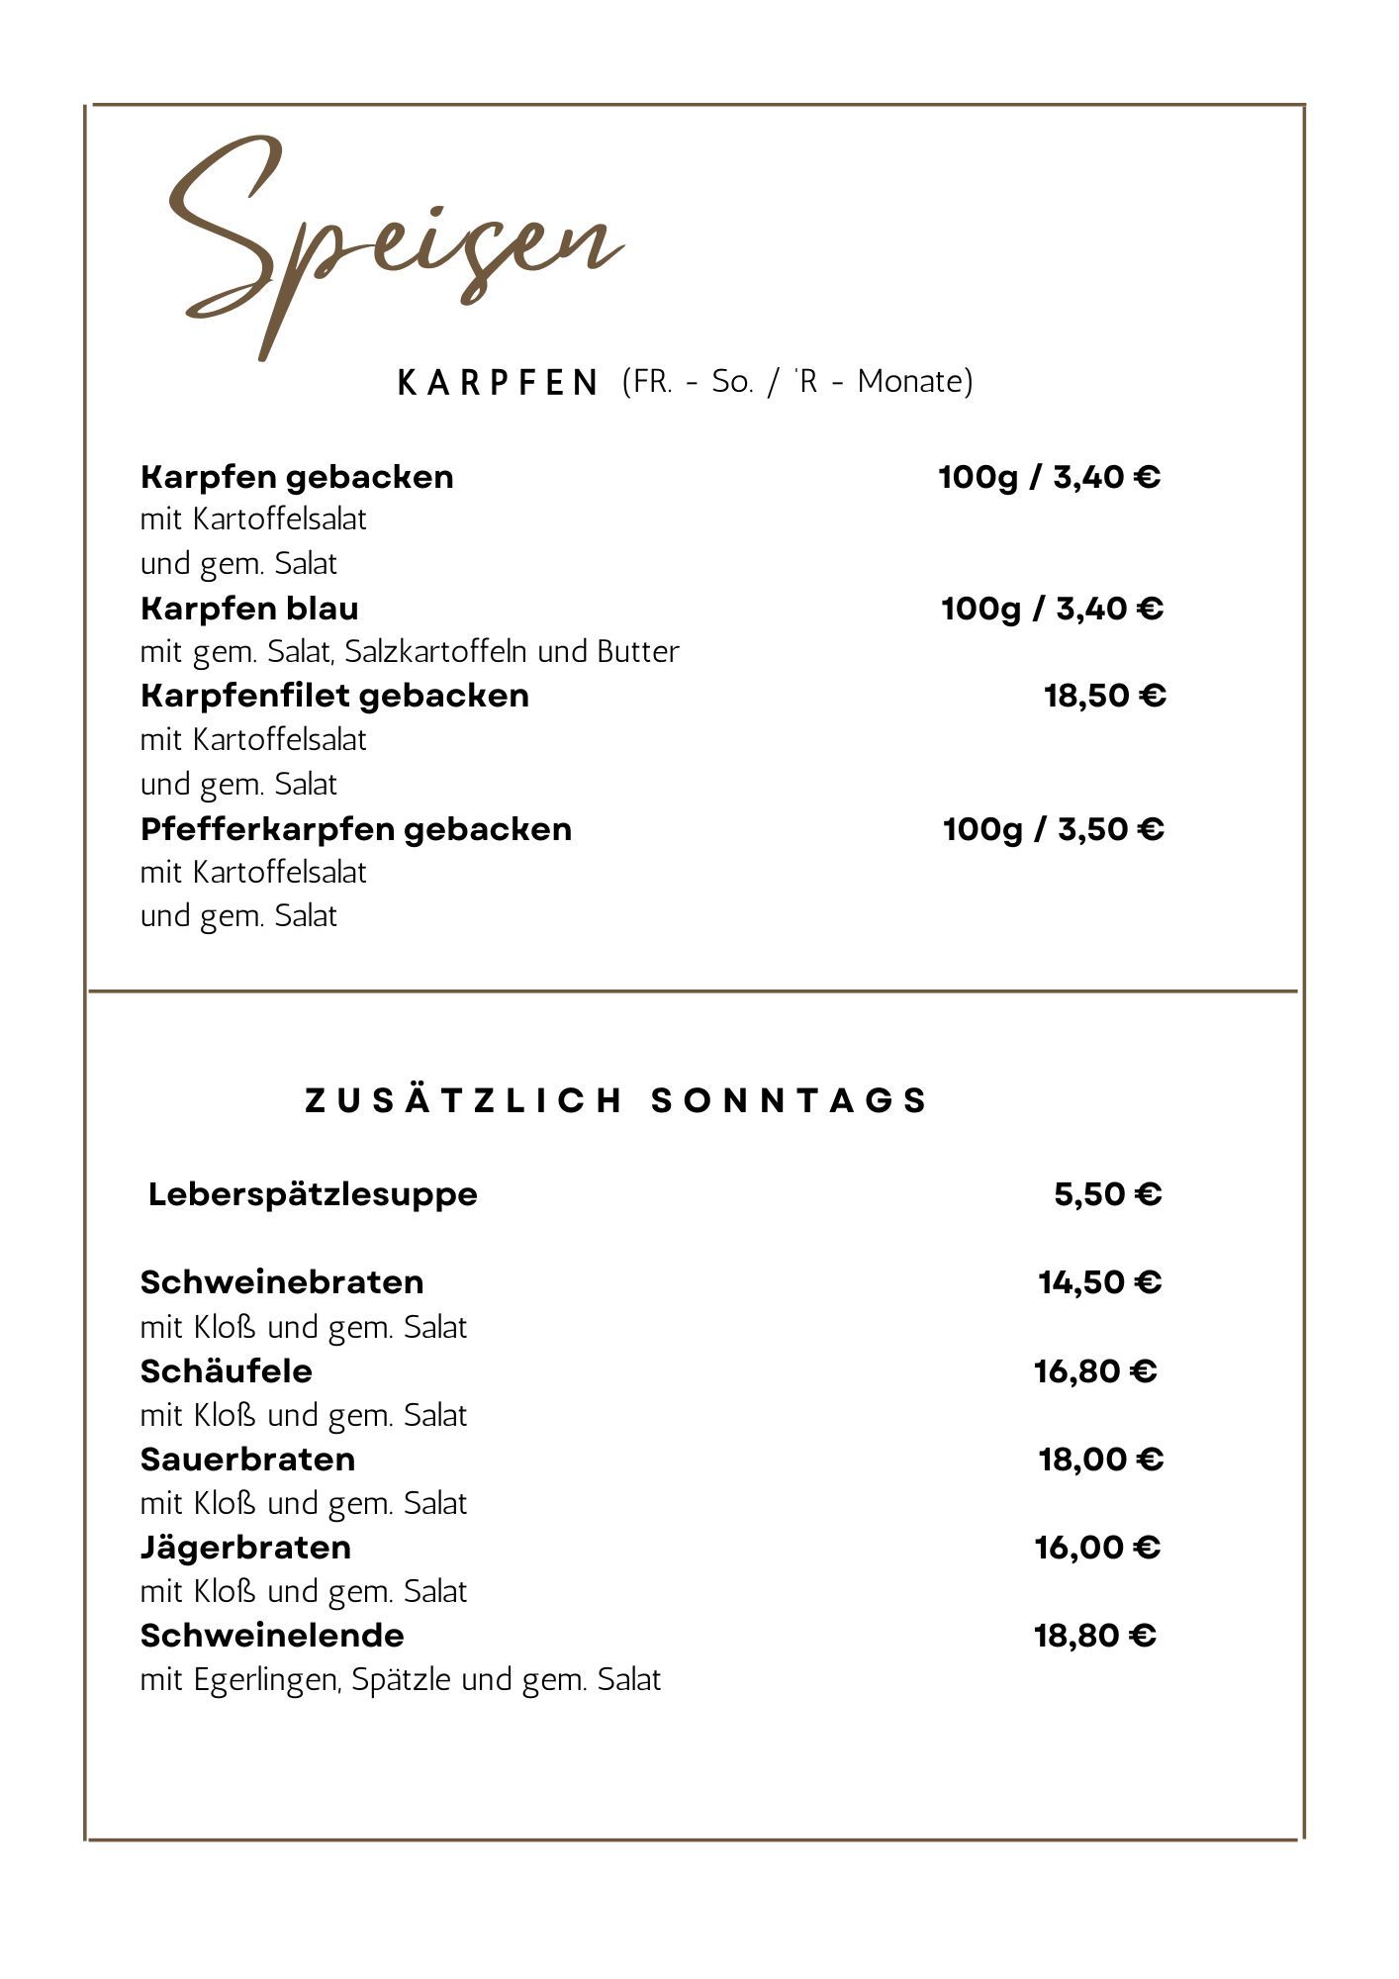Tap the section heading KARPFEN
coord(498,382)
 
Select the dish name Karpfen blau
coord(249,608)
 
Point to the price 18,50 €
coord(1105,696)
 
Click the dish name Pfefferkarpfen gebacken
coord(356,828)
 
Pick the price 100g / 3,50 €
coord(1053,828)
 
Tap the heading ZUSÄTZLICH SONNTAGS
coord(616,1100)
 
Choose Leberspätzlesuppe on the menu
coord(313,1194)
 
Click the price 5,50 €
coord(1107,1194)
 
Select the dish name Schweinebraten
coord(282,1282)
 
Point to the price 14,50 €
coord(1099,1282)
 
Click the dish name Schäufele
coord(226,1371)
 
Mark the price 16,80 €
coord(1095,1371)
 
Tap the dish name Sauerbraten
coord(247,1460)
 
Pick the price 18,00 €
coord(1100,1460)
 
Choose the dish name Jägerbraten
coord(245,1548)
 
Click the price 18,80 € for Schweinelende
coord(1095,1636)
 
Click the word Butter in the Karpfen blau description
coord(638,652)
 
